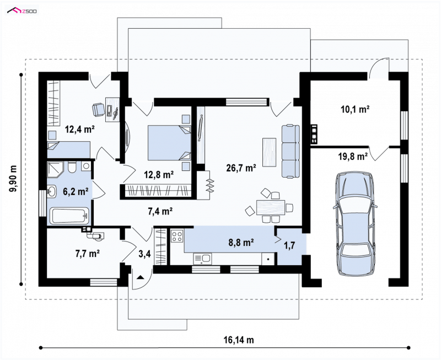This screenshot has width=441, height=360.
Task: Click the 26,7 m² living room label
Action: coord(241,168)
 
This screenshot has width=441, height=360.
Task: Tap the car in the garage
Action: coord(354,223)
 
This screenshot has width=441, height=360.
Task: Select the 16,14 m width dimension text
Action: coord(239,340)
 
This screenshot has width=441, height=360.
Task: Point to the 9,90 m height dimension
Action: coord(13,179)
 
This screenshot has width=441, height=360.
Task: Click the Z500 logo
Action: coord(22,11)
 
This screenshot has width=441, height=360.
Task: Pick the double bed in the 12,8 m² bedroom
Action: coord(169,143)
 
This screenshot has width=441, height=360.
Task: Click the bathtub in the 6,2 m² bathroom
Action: coord(69,216)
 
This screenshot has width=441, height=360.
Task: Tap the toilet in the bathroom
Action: coord(72,167)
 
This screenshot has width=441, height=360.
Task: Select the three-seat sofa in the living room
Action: coord(291,151)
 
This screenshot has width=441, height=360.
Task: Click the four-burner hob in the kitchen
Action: coord(177,236)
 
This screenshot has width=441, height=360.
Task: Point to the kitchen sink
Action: coord(202,259)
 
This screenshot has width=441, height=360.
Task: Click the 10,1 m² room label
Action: coord(355,109)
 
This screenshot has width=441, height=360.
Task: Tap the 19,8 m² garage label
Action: coord(353,157)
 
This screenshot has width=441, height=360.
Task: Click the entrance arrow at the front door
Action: coord(140,278)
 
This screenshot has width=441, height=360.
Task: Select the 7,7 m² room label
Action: coord(88,254)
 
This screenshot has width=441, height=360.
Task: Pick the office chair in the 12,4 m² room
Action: coord(98,109)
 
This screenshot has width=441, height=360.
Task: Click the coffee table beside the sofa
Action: coord(270,152)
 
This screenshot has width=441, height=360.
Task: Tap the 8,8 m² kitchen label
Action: coord(241,242)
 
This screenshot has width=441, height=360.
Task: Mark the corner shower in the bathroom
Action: coord(56,169)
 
